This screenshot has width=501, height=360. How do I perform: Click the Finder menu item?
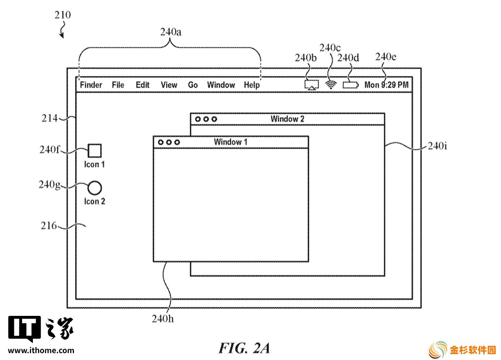pos(91,85)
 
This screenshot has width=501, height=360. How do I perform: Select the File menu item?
pos(118,85)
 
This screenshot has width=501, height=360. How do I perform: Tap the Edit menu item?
pos(143,85)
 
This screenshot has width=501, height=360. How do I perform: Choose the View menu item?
pos(169,85)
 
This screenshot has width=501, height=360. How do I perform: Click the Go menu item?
pos(193,85)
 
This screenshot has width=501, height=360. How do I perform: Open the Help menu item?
pos(252,85)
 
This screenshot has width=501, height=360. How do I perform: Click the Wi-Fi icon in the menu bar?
pos(331,85)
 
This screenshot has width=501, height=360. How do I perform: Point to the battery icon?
pos(351,85)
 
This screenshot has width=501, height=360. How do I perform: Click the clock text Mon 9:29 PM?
pos(386,85)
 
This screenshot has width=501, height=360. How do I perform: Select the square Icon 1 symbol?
pos(94,151)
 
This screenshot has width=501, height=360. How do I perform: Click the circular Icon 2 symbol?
pos(94,188)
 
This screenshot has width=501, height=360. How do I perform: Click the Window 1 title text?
pos(230,142)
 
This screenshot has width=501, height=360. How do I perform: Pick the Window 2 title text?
pos(287,119)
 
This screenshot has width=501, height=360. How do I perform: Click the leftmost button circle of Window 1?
pos(161,142)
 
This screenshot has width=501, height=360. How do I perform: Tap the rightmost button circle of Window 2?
pos(214,119)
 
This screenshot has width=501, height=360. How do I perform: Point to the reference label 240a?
pos(171,32)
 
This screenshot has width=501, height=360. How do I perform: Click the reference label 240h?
pos(163,319)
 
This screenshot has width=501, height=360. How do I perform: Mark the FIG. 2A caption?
pos(244,348)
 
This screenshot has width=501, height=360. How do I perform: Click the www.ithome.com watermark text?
pos(41,350)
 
